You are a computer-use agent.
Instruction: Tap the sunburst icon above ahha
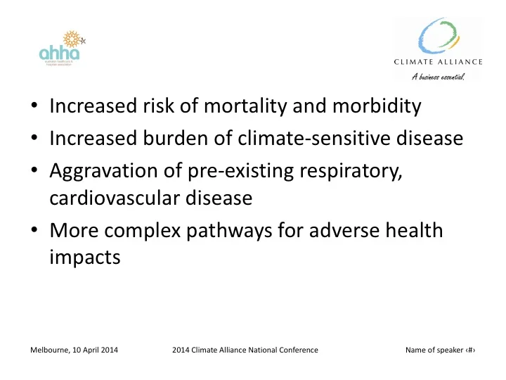click(x=71, y=39)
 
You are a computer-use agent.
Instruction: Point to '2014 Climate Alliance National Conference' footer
click(x=245, y=350)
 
